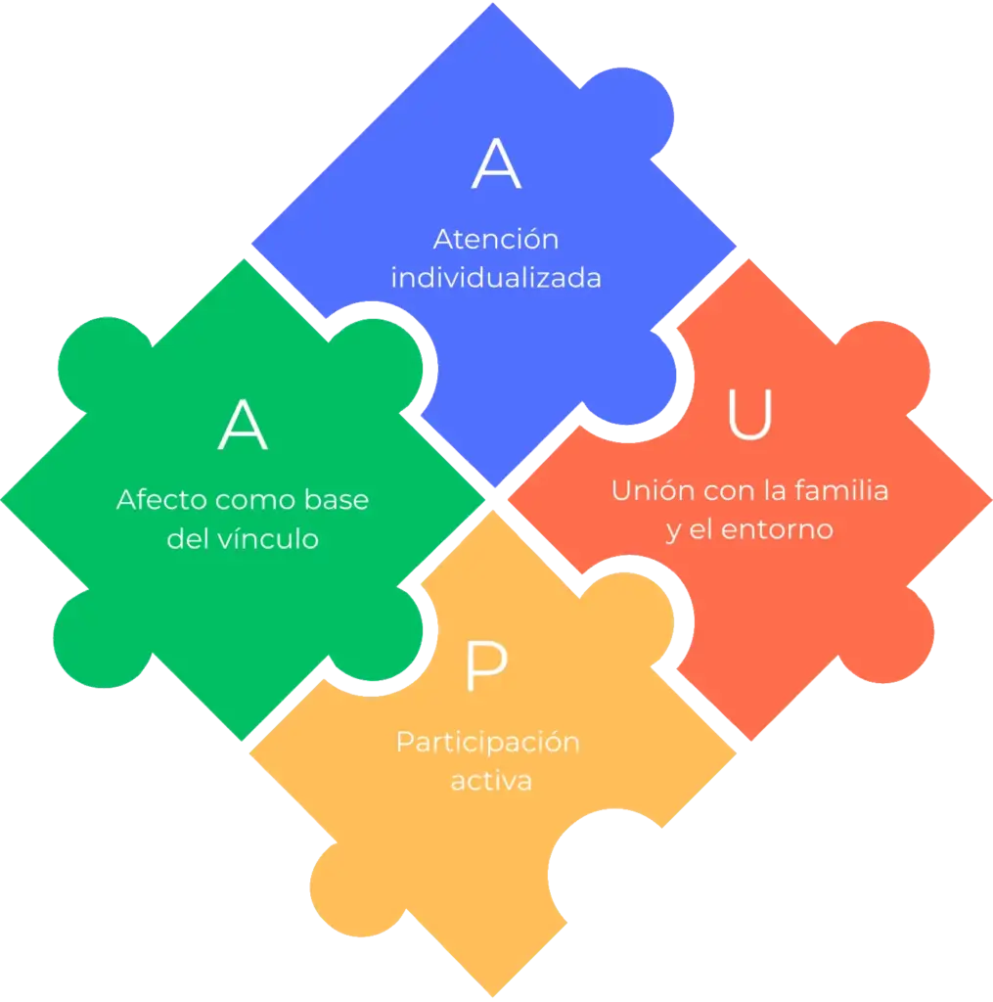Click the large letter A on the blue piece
497,164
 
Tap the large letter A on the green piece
243,425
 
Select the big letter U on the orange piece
749,415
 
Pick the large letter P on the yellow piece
487,665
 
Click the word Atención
496,239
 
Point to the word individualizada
496,278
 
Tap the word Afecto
162,500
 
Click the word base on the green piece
337,500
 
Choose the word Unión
653,491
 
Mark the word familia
841,491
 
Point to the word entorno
777,529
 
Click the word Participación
488,743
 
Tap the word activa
491,781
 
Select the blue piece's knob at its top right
629,115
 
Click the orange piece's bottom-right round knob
888,636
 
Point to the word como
255,500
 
